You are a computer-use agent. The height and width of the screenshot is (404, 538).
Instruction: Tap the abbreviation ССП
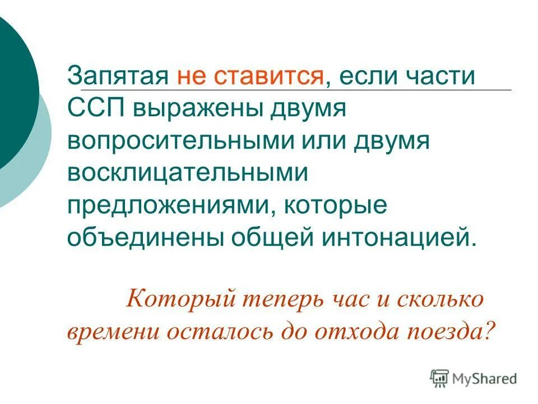(x=96, y=108)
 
